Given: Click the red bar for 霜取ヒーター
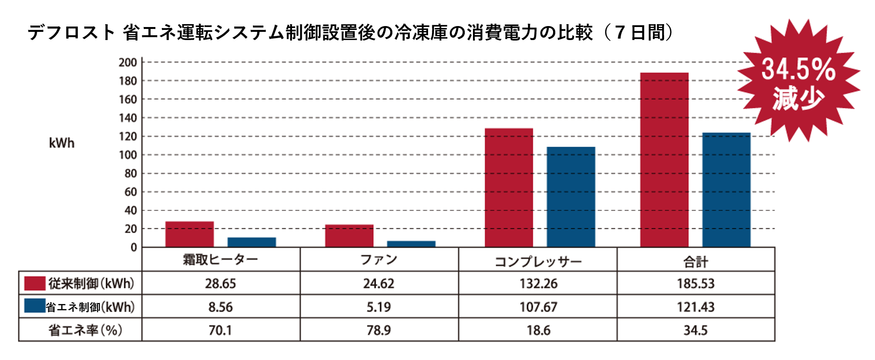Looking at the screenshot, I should click(189, 235).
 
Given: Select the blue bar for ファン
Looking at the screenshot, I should click(411, 244).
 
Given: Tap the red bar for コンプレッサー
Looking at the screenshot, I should click(509, 188).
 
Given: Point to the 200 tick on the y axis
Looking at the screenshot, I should click(128, 62).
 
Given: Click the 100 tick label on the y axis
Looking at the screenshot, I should click(128, 155).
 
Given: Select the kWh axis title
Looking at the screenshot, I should click(62, 143).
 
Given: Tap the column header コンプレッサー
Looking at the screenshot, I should click(538, 261).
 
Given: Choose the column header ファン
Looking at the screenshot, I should click(379, 260).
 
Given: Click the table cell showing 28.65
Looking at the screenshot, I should click(221, 283).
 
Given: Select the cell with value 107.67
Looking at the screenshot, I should click(538, 307).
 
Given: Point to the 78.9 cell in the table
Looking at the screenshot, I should click(379, 330).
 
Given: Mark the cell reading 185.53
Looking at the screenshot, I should click(695, 283).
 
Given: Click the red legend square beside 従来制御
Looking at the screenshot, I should click(35, 283).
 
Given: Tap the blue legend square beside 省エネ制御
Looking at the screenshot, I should click(35, 306).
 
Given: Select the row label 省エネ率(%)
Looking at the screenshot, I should click(85, 330).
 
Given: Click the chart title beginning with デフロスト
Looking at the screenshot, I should click(350, 33).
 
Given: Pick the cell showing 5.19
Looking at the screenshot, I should click(379, 307).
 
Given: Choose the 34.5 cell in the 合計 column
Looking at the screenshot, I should click(695, 330).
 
